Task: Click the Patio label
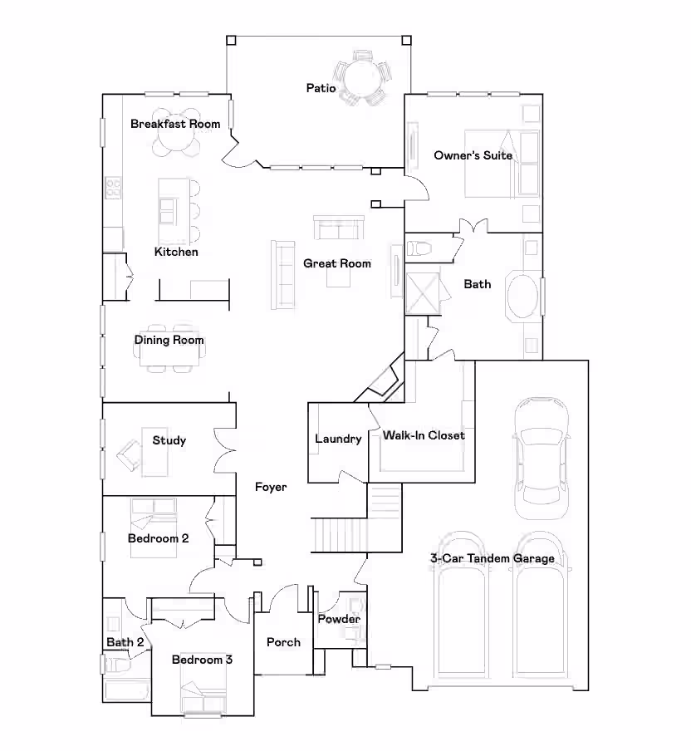(321, 88)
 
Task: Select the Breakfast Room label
(175, 124)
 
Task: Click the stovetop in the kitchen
(114, 187)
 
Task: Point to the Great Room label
(337, 263)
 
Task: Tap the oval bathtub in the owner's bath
(523, 297)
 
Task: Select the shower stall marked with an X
(423, 293)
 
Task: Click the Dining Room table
(169, 348)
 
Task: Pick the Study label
(169, 440)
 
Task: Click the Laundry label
(338, 439)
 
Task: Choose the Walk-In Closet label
(424, 435)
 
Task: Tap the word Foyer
(271, 487)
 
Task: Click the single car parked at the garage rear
(542, 459)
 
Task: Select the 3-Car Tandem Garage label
(493, 558)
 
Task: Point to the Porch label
(283, 642)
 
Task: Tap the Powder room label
(339, 619)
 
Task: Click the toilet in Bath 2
(118, 665)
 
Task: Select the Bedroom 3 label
(202, 660)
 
